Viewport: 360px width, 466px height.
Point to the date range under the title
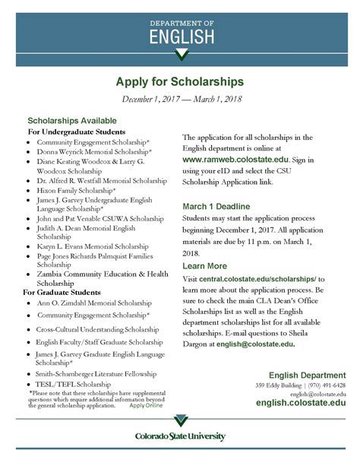pos(179,99)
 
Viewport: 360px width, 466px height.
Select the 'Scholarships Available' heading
pos(72,120)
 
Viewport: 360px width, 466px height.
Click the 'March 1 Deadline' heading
pos(221,206)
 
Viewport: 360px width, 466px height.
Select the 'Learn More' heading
pos(205,266)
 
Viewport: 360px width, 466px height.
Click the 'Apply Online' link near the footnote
pos(146,405)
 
